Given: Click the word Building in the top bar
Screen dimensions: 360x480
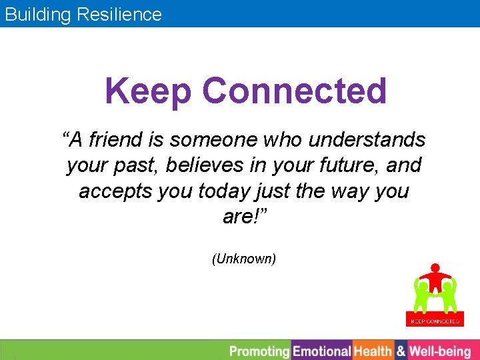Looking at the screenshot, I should pos(37,14).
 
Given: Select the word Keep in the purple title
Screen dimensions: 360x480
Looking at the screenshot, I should pos(148,91).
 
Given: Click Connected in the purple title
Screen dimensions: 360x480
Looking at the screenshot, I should pos(294,91).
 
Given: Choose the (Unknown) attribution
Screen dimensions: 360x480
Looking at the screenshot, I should pos(243,259).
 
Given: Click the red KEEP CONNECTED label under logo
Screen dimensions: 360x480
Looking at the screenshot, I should pos(435,321).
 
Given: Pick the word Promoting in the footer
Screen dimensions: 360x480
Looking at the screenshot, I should pos(259,351).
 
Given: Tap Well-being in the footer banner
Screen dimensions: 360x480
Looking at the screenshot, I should pos(439,351).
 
